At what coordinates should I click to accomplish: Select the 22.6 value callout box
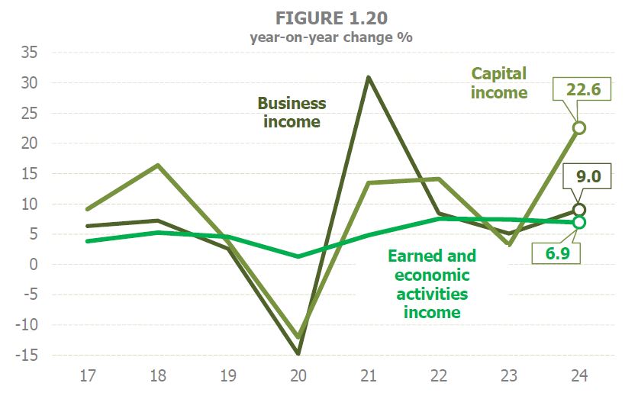[x=584, y=90]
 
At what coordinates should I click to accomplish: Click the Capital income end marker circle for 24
[x=579, y=127]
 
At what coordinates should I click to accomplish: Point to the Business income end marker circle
[x=579, y=210]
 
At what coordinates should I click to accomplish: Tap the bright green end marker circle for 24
[x=579, y=222]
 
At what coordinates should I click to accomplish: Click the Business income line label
[x=292, y=112]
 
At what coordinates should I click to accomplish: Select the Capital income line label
[x=499, y=83]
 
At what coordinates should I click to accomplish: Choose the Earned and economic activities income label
[x=432, y=284]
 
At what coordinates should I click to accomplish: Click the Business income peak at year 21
[x=368, y=77]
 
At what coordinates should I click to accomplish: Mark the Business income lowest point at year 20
[x=298, y=353]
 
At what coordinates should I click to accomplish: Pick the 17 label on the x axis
[x=89, y=377]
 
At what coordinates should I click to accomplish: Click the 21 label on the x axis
[x=368, y=377]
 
